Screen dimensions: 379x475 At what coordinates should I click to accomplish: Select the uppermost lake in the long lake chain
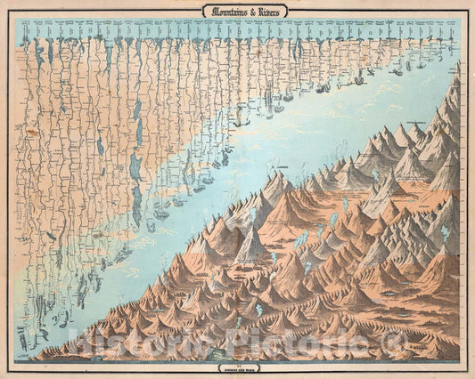point(137,110)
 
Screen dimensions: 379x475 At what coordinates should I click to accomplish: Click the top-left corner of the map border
point(16,18)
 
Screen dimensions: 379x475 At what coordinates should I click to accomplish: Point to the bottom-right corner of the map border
point(461,361)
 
